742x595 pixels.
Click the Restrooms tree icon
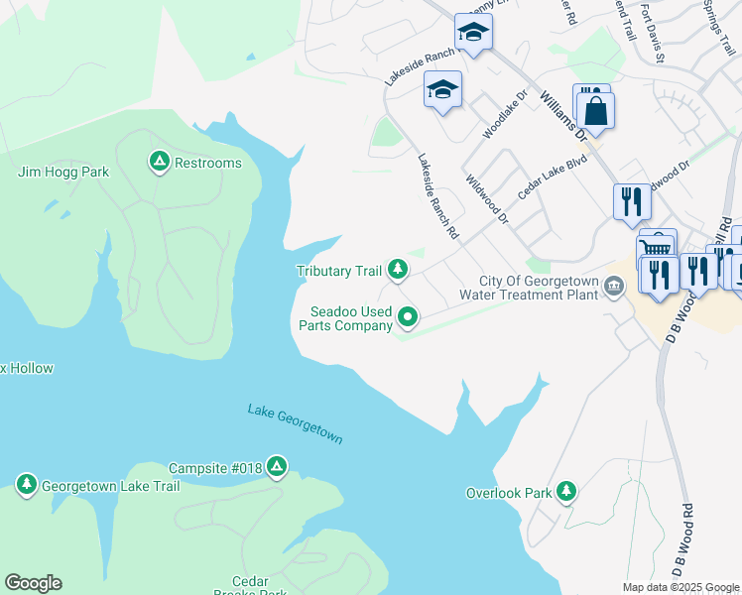tap(158, 161)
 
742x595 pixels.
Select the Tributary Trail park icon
tap(398, 269)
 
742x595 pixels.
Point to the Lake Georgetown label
tap(295, 424)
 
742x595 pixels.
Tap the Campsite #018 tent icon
tap(277, 465)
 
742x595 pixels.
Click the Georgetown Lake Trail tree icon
tap(26, 484)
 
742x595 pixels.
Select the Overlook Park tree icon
tap(565, 491)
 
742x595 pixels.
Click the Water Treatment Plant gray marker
tap(614, 287)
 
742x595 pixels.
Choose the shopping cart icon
tap(656, 248)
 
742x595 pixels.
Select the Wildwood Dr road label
tap(486, 197)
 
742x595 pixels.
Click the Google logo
tap(33, 583)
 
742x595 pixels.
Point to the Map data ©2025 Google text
tap(680, 587)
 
